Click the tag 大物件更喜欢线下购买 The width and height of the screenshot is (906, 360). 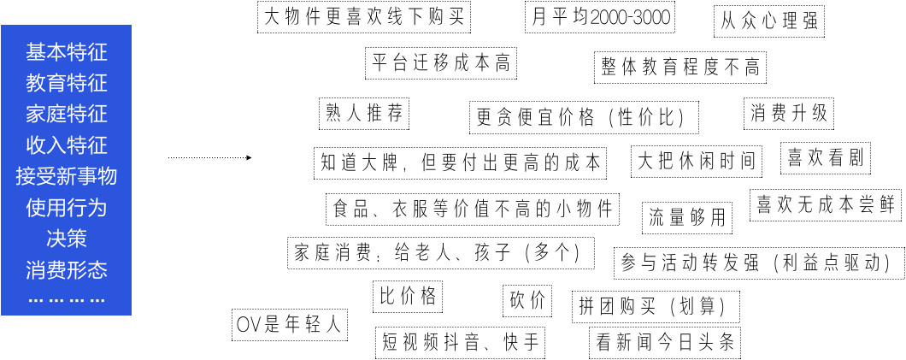tap(364, 17)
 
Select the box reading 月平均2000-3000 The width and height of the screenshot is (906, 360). tap(600, 17)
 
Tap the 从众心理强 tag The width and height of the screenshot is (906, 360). tap(769, 21)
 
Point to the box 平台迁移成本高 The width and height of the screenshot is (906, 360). tap(441, 63)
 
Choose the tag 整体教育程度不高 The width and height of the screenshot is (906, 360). tap(680, 68)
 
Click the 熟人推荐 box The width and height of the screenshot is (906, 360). tap(364, 113)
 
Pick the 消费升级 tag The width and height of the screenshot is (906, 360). tap(789, 113)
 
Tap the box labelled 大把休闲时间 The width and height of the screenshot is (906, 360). tap(697, 162)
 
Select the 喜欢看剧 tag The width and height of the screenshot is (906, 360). tap(826, 157)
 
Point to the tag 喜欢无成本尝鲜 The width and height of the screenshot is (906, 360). tap(826, 205)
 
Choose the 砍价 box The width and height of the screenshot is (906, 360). tap(527, 301)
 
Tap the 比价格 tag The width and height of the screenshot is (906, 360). tap(408, 297)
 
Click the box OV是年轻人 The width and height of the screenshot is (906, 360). tap(290, 325)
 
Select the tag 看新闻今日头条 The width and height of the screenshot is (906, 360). tap(665, 343)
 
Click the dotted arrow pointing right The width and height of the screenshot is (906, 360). tap(209, 157)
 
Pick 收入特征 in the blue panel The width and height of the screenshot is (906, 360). tap(67, 145)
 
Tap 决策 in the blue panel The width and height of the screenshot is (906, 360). tap(67, 239)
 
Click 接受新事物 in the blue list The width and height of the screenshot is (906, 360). tap(67, 176)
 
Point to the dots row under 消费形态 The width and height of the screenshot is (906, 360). tap(67, 300)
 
